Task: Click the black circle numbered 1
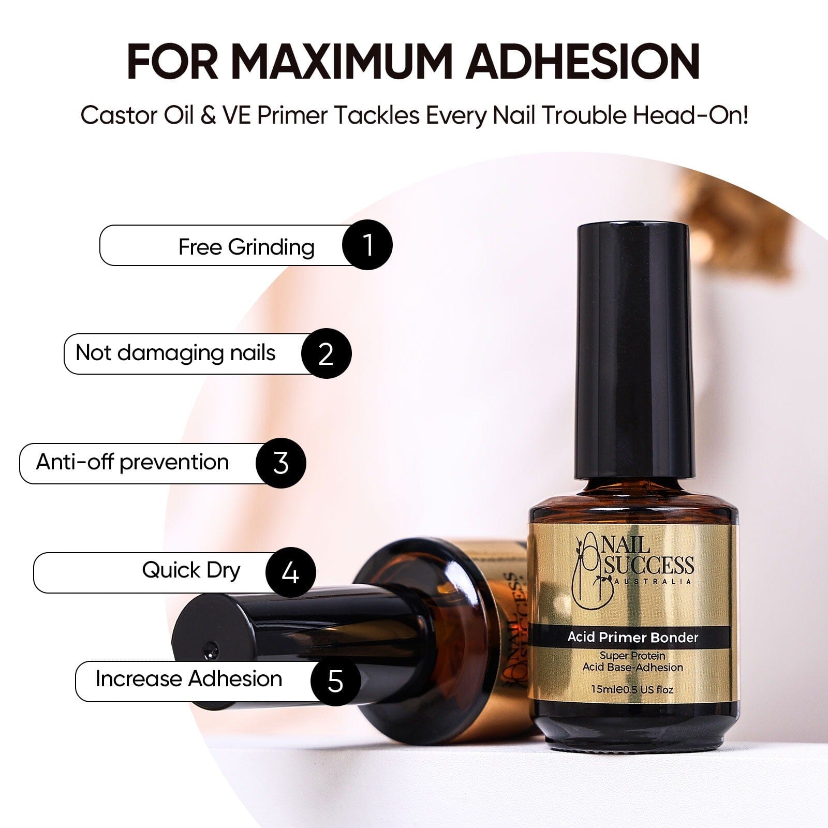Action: click(367, 245)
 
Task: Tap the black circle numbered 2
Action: click(327, 353)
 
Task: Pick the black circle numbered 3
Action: click(281, 463)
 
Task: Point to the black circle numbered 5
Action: click(336, 681)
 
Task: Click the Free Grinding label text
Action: click(246, 247)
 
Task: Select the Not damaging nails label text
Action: click(175, 353)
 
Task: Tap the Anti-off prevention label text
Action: click(132, 462)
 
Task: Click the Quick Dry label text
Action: click(191, 571)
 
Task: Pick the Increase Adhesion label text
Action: click(189, 678)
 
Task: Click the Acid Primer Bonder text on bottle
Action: click(633, 637)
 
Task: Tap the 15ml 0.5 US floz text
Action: click(633, 689)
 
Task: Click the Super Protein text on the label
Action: click(633, 656)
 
